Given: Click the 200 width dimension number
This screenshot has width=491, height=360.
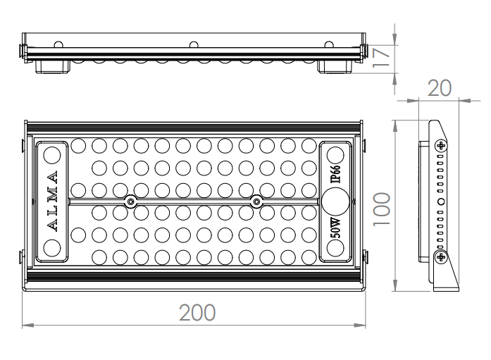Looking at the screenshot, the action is (x=197, y=312).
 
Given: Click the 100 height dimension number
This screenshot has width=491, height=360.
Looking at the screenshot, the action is (x=382, y=209).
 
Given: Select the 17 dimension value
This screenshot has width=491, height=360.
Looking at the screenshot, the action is (x=381, y=57).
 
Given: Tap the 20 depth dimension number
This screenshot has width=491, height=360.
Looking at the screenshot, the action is (x=440, y=88).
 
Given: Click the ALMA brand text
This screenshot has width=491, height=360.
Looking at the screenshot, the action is (x=52, y=201).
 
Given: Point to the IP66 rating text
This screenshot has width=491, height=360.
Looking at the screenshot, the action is (x=335, y=174).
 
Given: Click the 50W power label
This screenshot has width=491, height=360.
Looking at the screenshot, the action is (x=335, y=228).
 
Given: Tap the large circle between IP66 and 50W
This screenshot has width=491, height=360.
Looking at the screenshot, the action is (x=335, y=201).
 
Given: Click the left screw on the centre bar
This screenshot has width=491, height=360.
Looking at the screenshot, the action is (x=131, y=201).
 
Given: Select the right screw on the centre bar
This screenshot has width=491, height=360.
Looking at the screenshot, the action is (x=256, y=201).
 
